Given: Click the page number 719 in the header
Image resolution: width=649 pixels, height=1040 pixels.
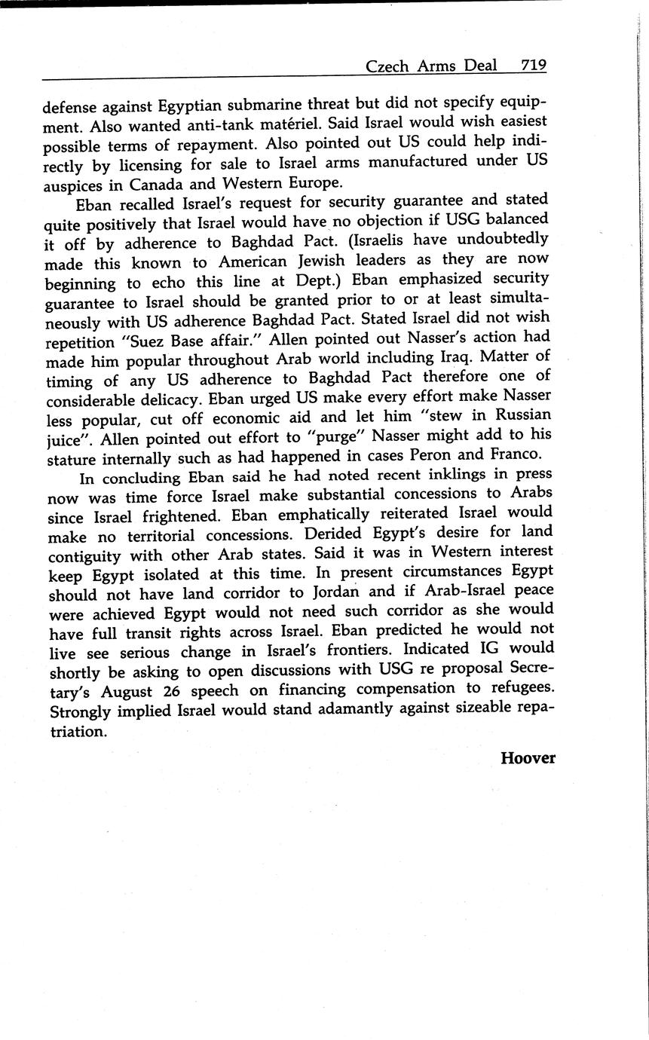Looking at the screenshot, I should click(534, 66).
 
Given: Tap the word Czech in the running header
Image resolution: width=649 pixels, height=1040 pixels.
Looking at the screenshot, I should click(387, 66).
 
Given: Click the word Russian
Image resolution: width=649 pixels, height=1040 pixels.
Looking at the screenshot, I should click(519, 415).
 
